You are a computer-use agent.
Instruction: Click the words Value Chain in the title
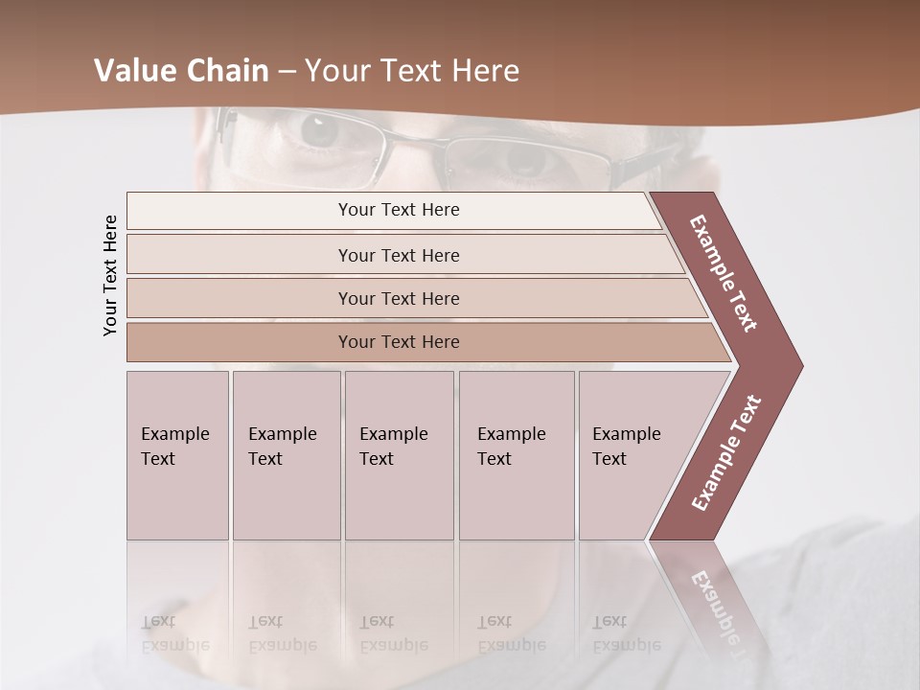(x=181, y=71)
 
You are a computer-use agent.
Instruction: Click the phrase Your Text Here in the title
(x=412, y=71)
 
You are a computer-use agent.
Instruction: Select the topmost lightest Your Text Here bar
(x=398, y=210)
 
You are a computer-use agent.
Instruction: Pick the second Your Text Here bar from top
(x=398, y=255)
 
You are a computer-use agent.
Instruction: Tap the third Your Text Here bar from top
(x=398, y=298)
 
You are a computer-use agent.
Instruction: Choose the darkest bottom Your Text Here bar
(x=398, y=342)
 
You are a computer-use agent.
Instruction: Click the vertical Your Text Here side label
(x=110, y=275)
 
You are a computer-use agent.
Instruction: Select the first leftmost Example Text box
(x=176, y=454)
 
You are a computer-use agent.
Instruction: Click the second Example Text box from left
(x=286, y=454)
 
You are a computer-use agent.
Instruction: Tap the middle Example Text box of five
(x=398, y=454)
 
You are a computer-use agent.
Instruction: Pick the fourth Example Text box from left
(x=516, y=454)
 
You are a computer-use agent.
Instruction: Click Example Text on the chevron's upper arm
(x=724, y=273)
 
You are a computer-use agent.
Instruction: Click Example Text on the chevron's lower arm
(x=726, y=452)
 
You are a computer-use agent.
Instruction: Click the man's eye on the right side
(x=525, y=159)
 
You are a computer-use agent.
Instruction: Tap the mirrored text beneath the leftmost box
(x=175, y=633)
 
